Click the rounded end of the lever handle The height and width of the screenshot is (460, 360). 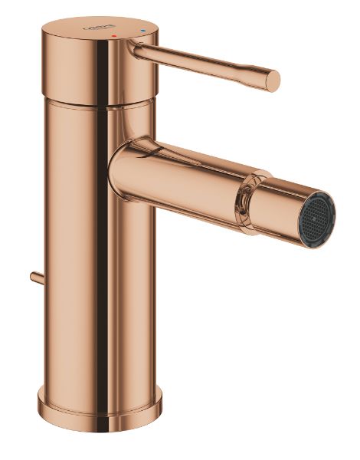pos(272,80)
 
